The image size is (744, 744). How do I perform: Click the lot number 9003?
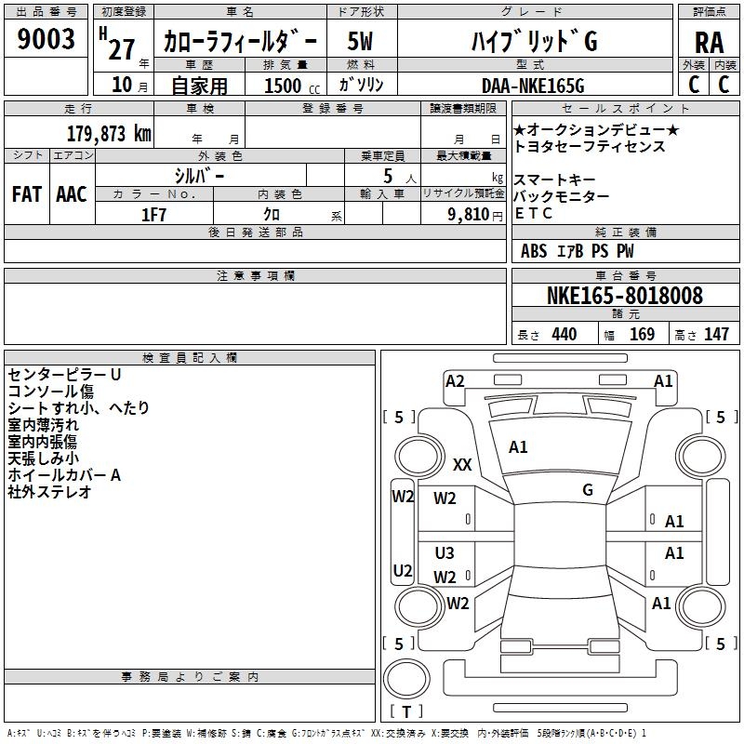(46, 39)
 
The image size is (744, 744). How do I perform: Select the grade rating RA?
(709, 43)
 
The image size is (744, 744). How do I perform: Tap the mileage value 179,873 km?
(109, 134)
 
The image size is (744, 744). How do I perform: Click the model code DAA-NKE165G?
(533, 86)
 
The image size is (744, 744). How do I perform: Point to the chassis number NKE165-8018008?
(625, 295)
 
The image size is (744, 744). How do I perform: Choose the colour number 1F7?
(153, 215)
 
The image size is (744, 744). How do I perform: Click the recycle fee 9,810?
(468, 215)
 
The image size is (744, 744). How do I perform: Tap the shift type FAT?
(27, 194)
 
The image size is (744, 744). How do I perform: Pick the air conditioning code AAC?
(72, 194)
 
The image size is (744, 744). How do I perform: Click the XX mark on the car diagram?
(462, 464)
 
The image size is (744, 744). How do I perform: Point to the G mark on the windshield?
(588, 490)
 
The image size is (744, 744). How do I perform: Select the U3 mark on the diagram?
(445, 552)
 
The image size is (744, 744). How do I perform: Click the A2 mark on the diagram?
(455, 381)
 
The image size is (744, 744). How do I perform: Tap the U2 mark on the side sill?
(403, 570)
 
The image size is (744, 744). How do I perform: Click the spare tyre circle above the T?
(406, 679)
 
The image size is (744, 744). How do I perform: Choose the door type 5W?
(360, 41)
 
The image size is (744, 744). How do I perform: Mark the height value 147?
(716, 334)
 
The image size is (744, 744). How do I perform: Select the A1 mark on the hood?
(518, 447)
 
